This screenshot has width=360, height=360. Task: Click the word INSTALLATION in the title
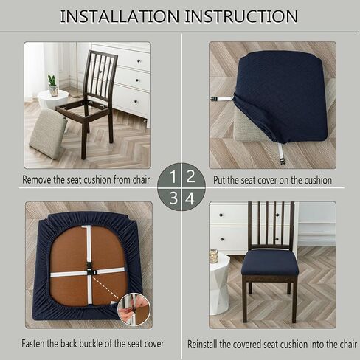pyautogui.click(x=120, y=16)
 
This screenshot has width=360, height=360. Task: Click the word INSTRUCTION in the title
pyautogui.click(x=241, y=16)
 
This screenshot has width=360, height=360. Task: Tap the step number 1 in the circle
pyautogui.click(x=173, y=177)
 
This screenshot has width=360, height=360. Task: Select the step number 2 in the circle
pyautogui.click(x=190, y=176)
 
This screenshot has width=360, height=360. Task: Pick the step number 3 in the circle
pyautogui.click(x=173, y=198)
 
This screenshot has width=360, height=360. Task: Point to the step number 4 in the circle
pyautogui.click(x=190, y=198)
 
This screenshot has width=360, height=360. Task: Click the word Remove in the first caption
pyautogui.click(x=37, y=180)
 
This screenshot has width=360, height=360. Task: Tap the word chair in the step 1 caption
pyautogui.click(x=141, y=180)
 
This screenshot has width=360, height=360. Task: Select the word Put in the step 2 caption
pyautogui.click(x=219, y=180)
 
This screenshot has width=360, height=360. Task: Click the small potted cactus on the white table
pyautogui.click(x=53, y=86)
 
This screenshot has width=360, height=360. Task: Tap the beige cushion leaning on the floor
pyautogui.click(x=47, y=134)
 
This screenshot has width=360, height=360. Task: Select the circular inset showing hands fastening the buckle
pyautogui.click(x=134, y=309)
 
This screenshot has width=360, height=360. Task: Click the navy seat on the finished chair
pyautogui.click(x=270, y=263)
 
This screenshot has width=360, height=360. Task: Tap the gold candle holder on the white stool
pyautogui.click(x=214, y=256)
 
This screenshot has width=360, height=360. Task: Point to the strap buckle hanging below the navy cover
pyautogui.click(x=282, y=162)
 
